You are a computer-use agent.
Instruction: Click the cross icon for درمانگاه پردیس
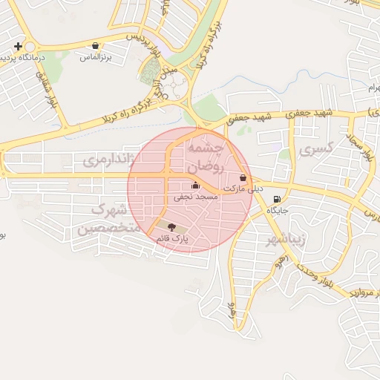[18, 46]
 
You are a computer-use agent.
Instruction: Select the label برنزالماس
[94, 56]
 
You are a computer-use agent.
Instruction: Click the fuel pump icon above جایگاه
[277, 199]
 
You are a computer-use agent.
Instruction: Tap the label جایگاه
[277, 210]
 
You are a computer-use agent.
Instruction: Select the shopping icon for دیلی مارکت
[243, 178]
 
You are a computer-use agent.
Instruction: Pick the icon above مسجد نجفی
[195, 186]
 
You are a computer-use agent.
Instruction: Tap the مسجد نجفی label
[195, 197]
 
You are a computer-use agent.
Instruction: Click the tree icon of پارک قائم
[172, 227]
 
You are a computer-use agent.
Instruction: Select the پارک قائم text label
[172, 238]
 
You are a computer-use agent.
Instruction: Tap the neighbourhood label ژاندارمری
[109, 159]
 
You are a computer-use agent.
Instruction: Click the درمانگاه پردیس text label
[42, 56]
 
